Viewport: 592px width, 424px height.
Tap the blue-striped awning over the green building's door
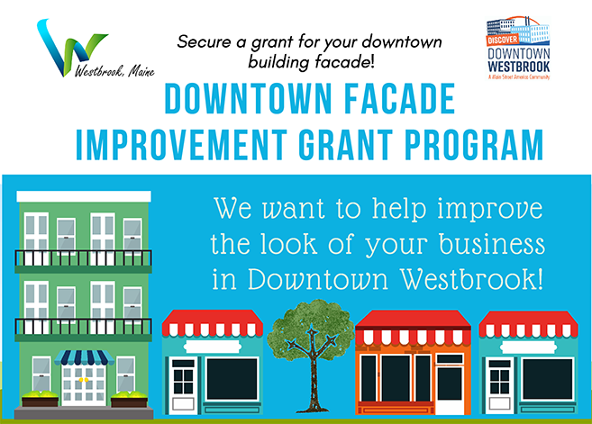tap(82, 357)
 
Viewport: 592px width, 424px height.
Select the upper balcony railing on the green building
tap(83, 260)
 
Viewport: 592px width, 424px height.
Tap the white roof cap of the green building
tap(83, 196)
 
